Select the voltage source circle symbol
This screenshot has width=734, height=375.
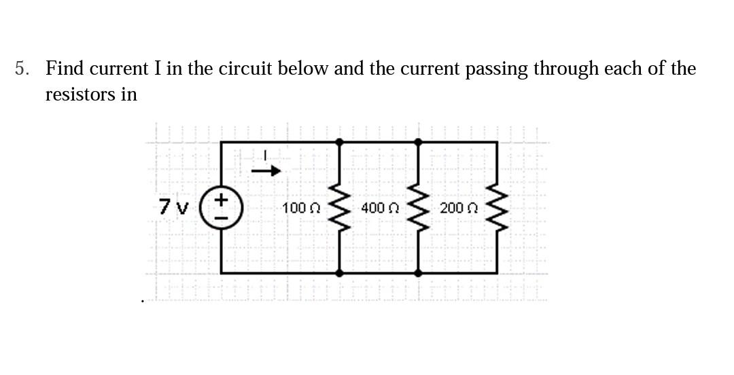pos(222,207)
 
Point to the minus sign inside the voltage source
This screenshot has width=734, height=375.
pos(222,217)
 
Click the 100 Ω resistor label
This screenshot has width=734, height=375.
pos(297,207)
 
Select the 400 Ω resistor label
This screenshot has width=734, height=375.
pos(376,207)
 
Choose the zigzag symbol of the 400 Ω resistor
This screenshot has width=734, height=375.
pos(418,207)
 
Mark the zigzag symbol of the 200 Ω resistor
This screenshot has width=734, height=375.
pos(497,207)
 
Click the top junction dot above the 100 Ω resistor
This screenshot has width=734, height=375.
pos(340,141)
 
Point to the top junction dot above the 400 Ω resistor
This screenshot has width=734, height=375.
pos(418,141)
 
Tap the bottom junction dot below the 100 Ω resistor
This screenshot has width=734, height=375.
pos(340,272)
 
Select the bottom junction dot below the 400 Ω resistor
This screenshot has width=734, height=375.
pos(418,272)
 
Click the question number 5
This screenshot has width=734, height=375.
pos(23,69)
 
